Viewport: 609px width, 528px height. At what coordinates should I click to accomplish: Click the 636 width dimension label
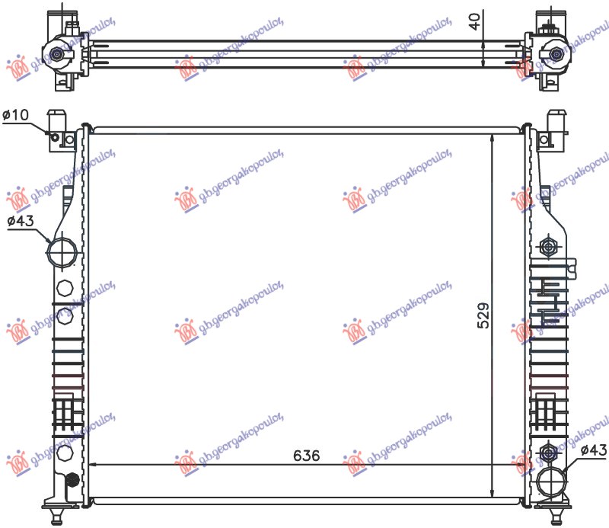pos(307,456)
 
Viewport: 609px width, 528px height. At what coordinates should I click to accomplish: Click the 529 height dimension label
pos(483,315)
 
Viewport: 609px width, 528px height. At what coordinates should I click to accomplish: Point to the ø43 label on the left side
pos(21,222)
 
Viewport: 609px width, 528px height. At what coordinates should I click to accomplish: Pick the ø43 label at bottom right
pos(594,451)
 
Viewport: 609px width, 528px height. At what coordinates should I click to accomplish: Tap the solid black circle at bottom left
pos(72,480)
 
